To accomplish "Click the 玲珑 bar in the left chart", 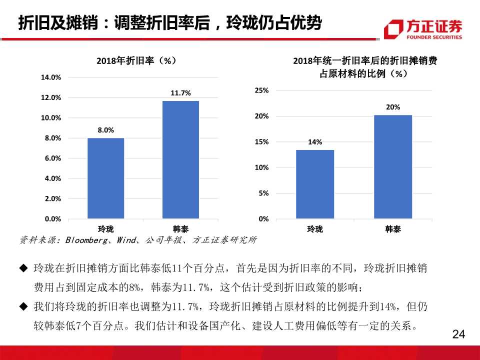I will pyautogui.click(x=105, y=178).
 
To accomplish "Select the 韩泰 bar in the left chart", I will pyautogui.click(x=180, y=159).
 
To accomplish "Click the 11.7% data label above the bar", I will pyautogui.click(x=180, y=93).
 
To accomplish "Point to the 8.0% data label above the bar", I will pyautogui.click(x=105, y=130).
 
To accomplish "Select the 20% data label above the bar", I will pyautogui.click(x=392, y=107).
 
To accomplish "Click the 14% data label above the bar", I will pyautogui.click(x=315, y=142).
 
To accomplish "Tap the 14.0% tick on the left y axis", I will pyautogui.click(x=50, y=77).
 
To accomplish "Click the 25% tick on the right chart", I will pyautogui.click(x=261, y=90).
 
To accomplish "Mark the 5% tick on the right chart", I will pyautogui.click(x=263, y=193).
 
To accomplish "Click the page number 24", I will pyautogui.click(x=458, y=334).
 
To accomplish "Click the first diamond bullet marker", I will pyautogui.click(x=22, y=268).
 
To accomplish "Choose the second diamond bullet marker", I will pyautogui.click(x=22, y=306).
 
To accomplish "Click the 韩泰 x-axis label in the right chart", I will pyautogui.click(x=392, y=229).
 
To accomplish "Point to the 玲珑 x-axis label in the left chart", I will pyautogui.click(x=105, y=229).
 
